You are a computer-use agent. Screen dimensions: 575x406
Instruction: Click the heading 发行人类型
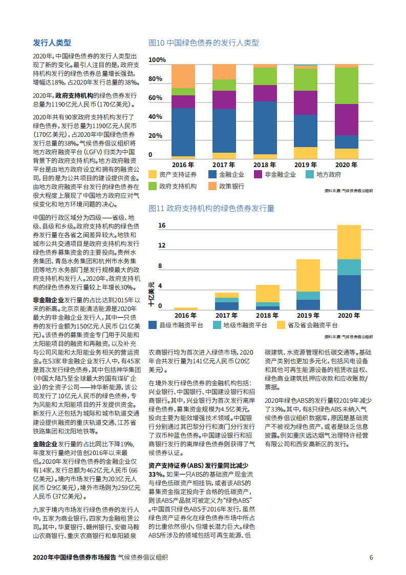[52, 43]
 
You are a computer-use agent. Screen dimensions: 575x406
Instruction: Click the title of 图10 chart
[203, 43]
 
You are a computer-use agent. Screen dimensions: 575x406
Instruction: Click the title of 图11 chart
[211, 208]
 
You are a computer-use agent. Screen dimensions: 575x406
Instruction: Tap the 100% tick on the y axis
[157, 60]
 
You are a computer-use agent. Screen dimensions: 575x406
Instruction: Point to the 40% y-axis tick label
[155, 117]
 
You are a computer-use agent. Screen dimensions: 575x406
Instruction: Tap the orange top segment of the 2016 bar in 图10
[183, 76]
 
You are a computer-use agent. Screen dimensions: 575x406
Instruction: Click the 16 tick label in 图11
[162, 225]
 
